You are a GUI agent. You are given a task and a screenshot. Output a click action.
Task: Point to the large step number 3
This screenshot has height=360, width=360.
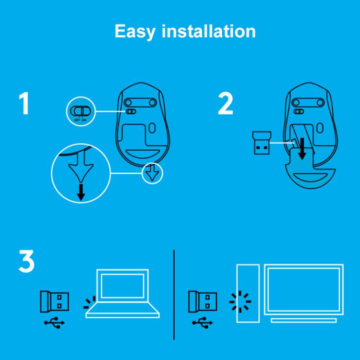pyautogui.click(x=26, y=262)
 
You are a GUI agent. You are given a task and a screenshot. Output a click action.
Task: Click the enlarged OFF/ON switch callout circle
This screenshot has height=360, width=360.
pyautogui.click(x=80, y=112)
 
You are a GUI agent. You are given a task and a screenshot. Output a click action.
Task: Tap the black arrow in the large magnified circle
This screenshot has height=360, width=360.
pyautogui.click(x=81, y=191)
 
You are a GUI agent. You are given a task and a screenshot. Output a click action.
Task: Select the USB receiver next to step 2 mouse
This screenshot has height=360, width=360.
pyautogui.click(x=261, y=143)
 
